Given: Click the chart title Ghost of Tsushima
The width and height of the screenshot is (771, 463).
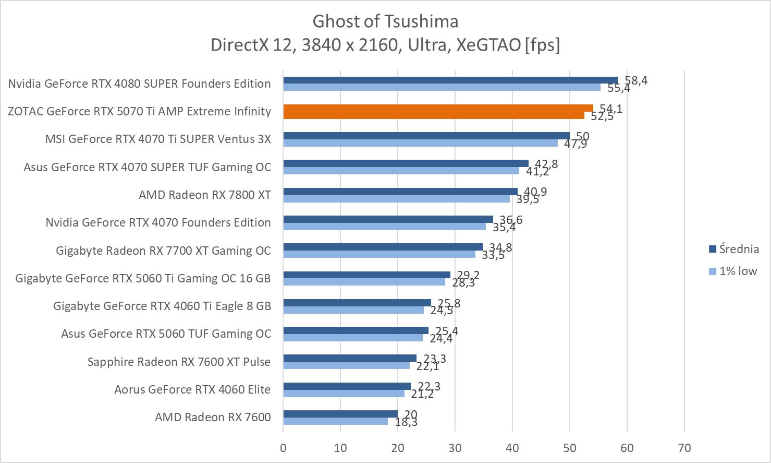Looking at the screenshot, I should click(385, 21).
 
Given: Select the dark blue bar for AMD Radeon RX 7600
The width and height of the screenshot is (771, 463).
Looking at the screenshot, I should click(340, 414).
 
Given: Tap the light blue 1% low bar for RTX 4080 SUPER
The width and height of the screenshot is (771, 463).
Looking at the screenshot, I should click(442, 87).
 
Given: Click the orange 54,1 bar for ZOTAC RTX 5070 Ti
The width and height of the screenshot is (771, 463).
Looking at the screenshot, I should click(438, 108).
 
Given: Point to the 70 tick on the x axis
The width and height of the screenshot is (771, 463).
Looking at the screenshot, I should click(684, 448).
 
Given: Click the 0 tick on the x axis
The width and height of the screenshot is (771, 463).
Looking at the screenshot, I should click(283, 448).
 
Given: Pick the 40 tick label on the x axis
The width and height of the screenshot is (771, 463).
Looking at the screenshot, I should click(512, 448).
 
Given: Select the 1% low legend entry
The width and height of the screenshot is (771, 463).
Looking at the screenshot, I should click(733, 271).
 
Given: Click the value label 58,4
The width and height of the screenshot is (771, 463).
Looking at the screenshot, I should click(636, 80).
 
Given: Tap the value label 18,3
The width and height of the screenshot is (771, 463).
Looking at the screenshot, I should click(406, 422).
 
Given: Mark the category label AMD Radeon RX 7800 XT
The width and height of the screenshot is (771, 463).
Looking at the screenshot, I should click(205, 195).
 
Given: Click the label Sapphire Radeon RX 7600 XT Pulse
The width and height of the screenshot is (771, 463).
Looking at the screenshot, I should click(179, 362).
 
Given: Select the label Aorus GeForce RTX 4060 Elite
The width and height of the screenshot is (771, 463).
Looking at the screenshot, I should click(192, 389).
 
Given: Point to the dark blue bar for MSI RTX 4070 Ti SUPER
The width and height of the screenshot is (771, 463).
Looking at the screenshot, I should click(426, 136).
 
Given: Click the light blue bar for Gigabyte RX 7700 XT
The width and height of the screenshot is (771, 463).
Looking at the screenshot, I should click(379, 254).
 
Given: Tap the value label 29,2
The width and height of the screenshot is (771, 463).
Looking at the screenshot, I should click(468, 275).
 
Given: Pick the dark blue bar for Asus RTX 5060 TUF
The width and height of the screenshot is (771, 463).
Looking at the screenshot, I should click(356, 330).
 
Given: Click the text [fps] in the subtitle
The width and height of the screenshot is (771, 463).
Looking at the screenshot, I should click(542, 45).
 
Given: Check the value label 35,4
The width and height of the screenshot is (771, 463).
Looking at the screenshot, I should click(504, 227).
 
